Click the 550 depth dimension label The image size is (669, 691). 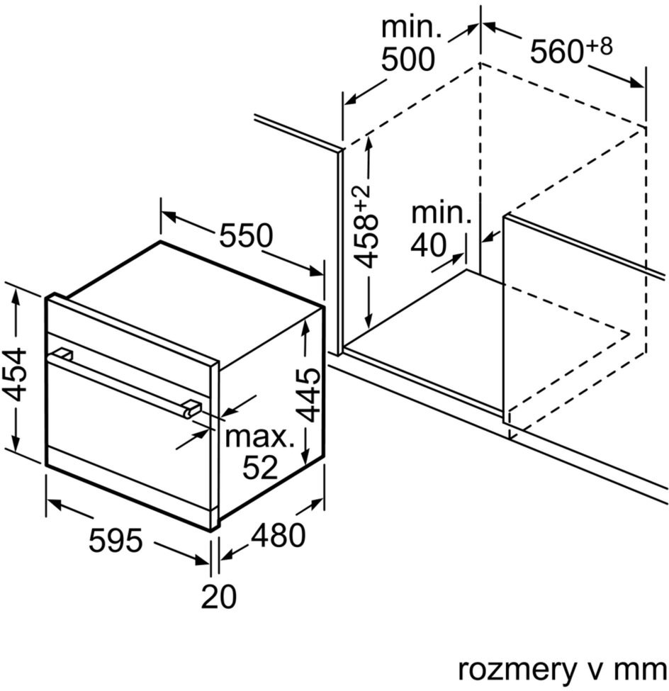(247, 235)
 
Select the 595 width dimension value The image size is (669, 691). (116, 540)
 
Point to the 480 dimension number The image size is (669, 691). (278, 534)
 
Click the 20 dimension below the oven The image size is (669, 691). (219, 596)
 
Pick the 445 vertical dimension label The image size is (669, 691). (308, 395)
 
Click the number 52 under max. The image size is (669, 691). (261, 467)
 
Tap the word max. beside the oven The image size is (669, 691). (260, 437)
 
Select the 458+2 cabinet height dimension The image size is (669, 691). (364, 227)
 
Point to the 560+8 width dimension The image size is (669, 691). (571, 50)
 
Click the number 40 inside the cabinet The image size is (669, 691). (429, 245)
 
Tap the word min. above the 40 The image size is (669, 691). (442, 213)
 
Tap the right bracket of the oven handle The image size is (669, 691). (192, 408)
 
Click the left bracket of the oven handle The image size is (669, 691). (63, 354)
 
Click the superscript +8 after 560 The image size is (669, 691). (600, 46)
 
